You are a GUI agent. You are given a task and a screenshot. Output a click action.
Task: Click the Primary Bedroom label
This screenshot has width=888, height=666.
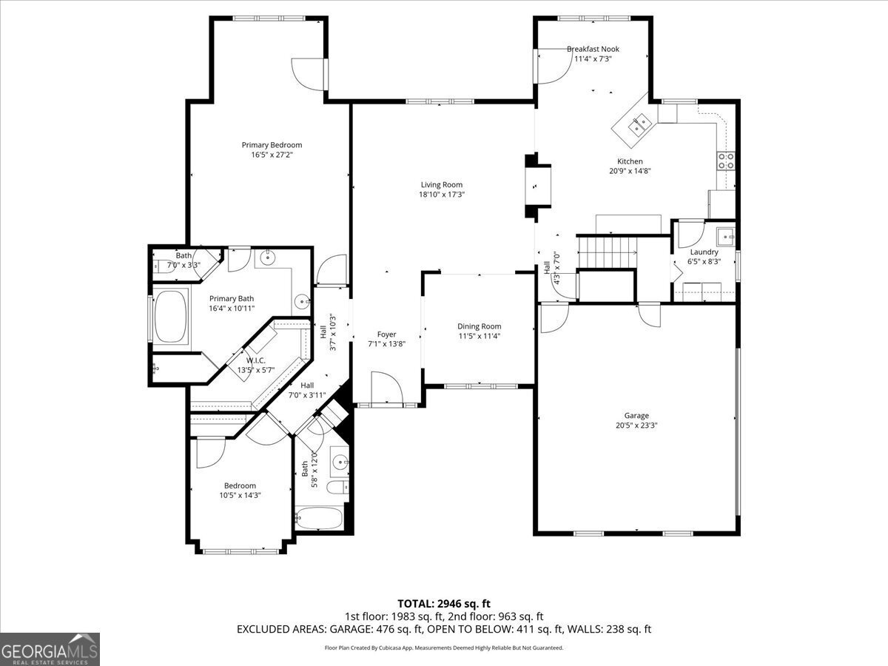[x=272, y=145]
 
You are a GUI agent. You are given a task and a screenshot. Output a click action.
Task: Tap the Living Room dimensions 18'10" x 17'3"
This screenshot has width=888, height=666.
[x=441, y=195]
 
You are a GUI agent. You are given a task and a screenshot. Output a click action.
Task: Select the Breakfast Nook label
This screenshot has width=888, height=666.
[x=593, y=49]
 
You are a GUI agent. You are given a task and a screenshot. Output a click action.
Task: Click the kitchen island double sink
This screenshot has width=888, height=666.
[x=639, y=124]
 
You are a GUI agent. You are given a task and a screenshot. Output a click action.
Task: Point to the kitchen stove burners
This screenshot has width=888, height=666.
[x=726, y=161]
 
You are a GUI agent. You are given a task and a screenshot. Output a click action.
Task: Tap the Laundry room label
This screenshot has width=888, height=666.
[x=704, y=252]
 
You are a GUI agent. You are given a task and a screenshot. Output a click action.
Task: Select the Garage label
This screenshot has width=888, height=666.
[x=636, y=416]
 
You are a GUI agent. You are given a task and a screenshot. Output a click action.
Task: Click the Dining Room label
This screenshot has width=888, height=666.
[x=479, y=326]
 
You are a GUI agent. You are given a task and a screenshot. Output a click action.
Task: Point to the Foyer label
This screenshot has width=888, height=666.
[x=386, y=334]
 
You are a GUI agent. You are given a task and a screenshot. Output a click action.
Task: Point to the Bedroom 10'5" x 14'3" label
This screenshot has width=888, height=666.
[x=240, y=485]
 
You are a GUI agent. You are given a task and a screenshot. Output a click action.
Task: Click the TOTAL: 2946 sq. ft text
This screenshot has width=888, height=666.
[x=444, y=604]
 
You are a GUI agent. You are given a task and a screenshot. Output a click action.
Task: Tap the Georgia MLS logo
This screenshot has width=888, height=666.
[x=50, y=649]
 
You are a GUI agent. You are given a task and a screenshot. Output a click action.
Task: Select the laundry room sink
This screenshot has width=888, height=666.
[x=725, y=237]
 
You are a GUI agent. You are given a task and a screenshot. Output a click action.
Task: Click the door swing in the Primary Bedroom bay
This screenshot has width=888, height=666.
[x=309, y=73]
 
